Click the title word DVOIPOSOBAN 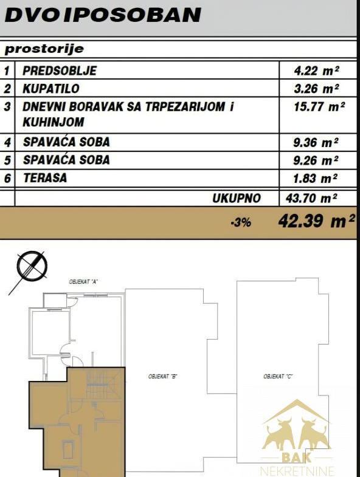coord(103,15)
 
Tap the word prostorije coord(44,49)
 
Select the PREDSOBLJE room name coord(60,70)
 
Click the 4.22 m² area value coord(316,70)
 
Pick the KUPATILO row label coord(51,89)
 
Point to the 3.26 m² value coord(316,89)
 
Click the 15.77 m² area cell coord(319,107)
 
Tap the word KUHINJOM coord(54,122)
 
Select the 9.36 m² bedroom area coord(316,142)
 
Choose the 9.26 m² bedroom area coord(316,160)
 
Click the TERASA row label coord(45,177)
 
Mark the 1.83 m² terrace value coord(315,178)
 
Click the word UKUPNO coord(237,198)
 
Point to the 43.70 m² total coord(311,198)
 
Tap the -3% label coord(241,223)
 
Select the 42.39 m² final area coord(316,221)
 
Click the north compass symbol coord(32,265)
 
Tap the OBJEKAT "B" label coord(162,377)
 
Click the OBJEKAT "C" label coord(278,377)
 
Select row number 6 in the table coord(7,178)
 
